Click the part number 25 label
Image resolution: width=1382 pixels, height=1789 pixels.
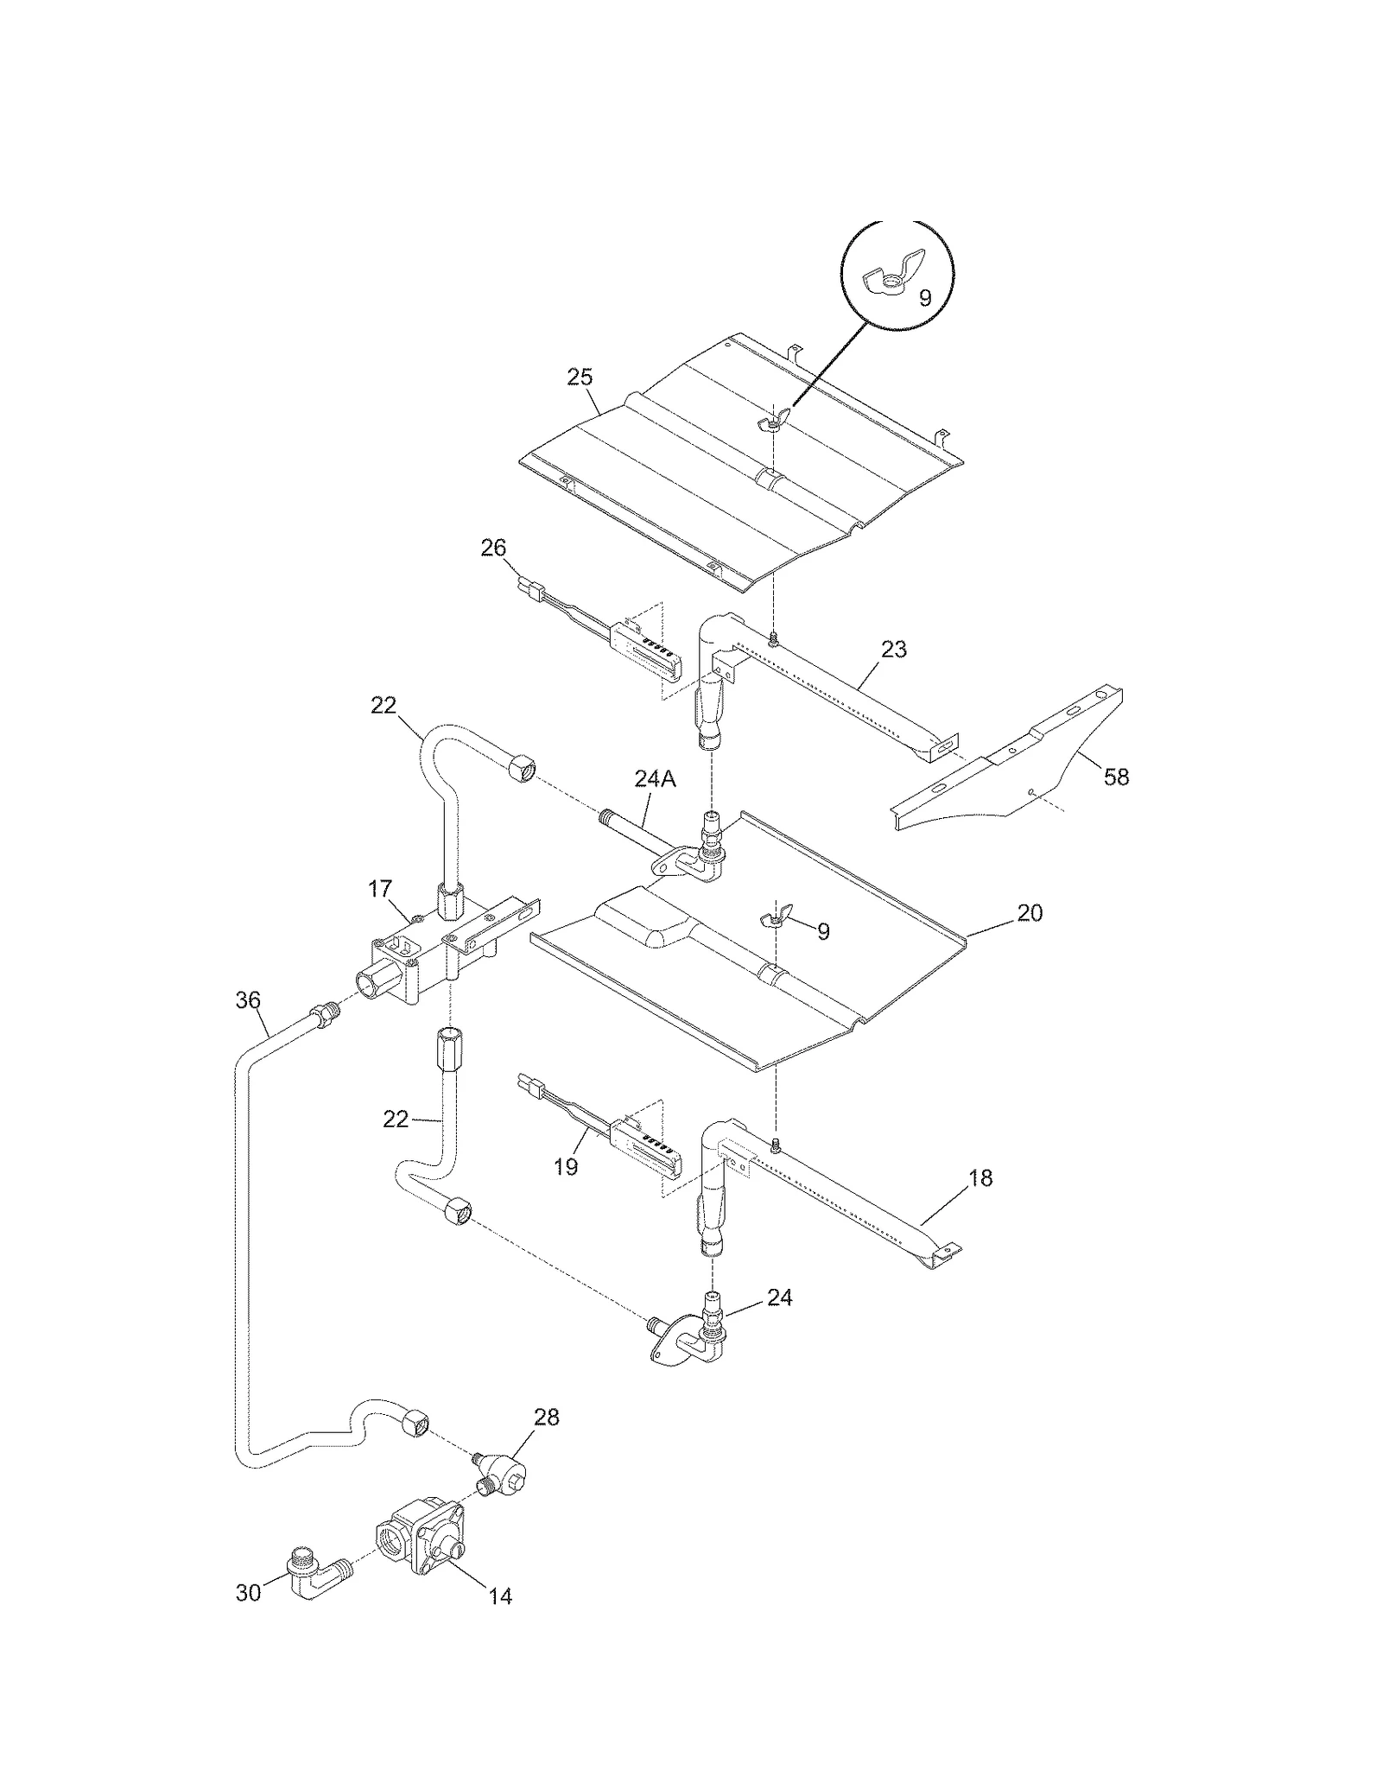click(x=580, y=377)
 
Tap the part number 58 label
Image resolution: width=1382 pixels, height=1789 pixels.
click(x=1116, y=777)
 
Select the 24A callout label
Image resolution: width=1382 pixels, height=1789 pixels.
click(x=656, y=778)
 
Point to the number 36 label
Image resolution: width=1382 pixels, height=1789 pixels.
click(x=248, y=999)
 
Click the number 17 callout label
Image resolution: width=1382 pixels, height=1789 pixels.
click(x=380, y=888)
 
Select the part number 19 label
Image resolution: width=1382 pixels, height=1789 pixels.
click(x=566, y=1167)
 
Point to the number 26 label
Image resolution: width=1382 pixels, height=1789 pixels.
click(x=493, y=548)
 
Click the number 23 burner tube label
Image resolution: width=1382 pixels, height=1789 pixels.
click(x=894, y=649)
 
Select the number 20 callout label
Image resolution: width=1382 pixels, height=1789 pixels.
click(x=1030, y=912)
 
